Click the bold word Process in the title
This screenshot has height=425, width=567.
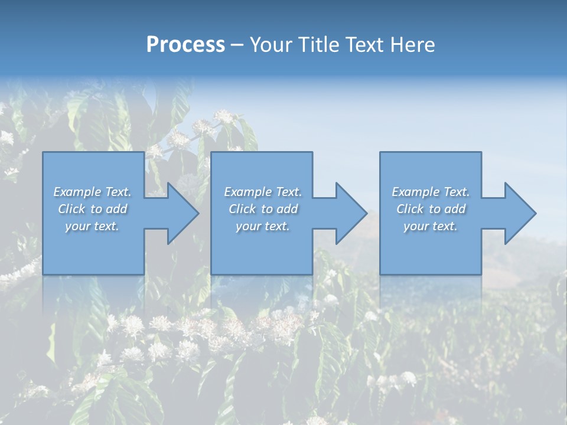tap(185, 45)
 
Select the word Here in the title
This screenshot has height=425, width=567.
tap(412, 45)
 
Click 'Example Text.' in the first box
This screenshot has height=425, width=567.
tap(93, 192)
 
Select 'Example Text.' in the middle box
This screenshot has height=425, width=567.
tap(263, 192)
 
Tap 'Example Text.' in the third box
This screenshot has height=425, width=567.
tap(431, 192)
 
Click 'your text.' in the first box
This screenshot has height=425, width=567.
tap(93, 226)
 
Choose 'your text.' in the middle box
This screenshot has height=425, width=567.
tap(263, 226)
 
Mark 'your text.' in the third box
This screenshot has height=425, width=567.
tap(431, 226)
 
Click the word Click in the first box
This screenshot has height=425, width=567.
tap(71, 209)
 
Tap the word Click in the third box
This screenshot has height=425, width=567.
tap(410, 209)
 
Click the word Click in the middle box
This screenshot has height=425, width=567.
tap(242, 209)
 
